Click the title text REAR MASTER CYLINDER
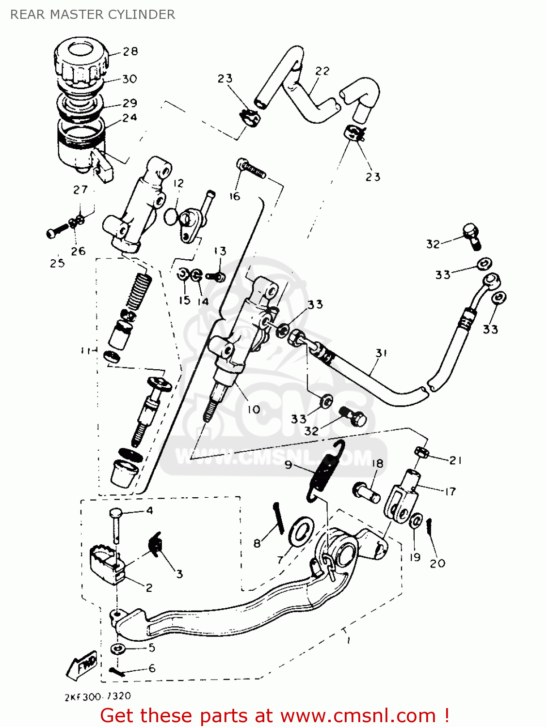pos(93,15)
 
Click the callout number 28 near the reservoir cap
pos(130,51)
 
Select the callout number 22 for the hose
pos(322,71)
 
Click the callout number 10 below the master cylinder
pos(254,410)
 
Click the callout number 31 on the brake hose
pos(381,353)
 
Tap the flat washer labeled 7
pos(301,531)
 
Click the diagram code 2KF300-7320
pos(97,696)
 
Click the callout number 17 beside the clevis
pos(450,491)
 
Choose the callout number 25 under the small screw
pos(57,263)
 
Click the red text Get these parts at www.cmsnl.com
pos(274,715)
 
